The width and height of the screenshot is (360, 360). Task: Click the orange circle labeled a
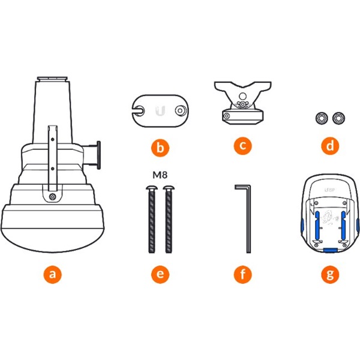[53, 274]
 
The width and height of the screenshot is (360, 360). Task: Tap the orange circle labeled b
[160, 148]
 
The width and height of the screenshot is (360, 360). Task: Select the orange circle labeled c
[242, 146]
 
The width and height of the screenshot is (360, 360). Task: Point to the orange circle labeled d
[330, 146]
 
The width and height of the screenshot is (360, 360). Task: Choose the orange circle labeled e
[160, 274]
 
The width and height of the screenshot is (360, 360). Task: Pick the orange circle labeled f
[242, 274]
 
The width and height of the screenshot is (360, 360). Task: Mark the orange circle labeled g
[330, 274]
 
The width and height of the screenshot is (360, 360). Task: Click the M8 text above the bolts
[160, 175]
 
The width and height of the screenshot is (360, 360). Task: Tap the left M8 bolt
[152, 219]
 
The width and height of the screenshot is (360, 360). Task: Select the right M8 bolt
[169, 219]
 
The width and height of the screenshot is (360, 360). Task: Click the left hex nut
[322, 118]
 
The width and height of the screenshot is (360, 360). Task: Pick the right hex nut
[338, 118]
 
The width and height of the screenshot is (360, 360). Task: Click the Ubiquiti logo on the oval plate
[160, 110]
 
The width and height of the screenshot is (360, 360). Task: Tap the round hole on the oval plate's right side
[180, 110]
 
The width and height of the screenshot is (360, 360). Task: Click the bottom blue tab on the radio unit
[330, 250]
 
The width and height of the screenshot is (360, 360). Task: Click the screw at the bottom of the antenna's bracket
[53, 197]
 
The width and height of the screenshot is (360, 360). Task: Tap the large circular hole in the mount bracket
[242, 96]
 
